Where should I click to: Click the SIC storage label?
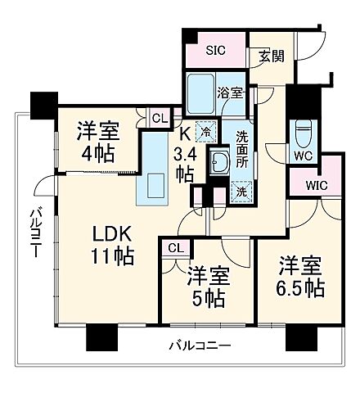(215, 49)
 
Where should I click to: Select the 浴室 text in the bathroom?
(230, 93)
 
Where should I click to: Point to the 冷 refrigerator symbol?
(205, 129)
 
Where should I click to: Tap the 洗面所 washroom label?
(243, 147)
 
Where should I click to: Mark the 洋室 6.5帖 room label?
(298, 278)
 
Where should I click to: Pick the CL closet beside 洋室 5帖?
(175, 248)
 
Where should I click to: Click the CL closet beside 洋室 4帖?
(161, 118)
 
